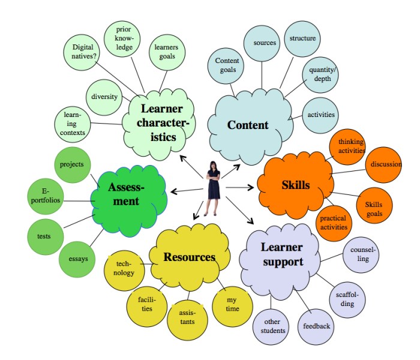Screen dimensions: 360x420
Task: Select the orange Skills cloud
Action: coord(296,185)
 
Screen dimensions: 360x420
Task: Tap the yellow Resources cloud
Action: coord(189,257)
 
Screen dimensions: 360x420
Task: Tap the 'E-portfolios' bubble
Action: coord(43,196)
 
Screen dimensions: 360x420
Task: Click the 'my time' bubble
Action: coord(232,304)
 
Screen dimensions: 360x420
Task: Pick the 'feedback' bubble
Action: coord(316,326)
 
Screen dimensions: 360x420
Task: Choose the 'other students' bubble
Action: coord(274,326)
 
